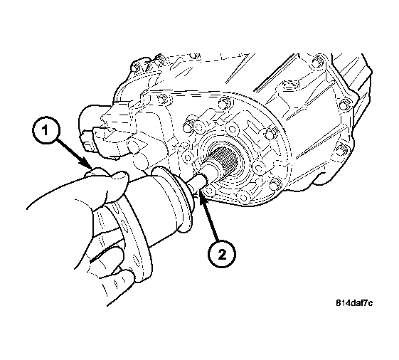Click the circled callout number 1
(x=46, y=131)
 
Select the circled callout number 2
(x=222, y=254)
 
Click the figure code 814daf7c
(x=354, y=303)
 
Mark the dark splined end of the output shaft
(x=225, y=159)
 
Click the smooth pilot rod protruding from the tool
(x=198, y=183)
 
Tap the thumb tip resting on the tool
(x=119, y=177)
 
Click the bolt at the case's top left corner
(x=135, y=68)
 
